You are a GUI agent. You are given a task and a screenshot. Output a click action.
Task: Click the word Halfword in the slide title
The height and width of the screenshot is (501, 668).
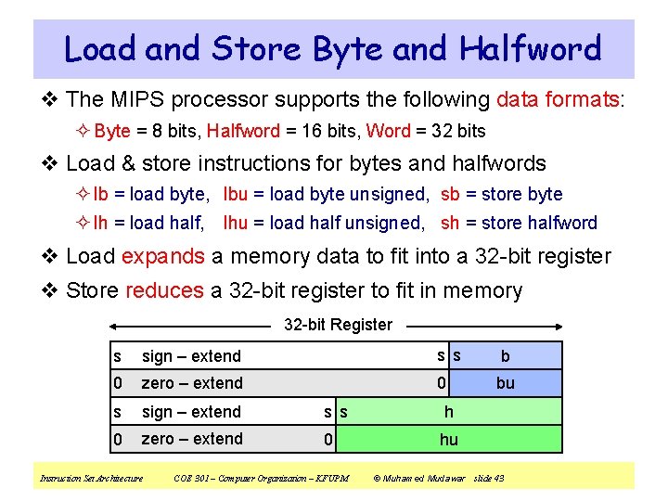pos(530,48)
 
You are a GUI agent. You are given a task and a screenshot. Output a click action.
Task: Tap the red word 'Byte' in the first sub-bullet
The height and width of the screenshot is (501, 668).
pos(112,131)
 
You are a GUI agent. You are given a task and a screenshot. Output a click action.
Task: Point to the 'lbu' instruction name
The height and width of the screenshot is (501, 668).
pos(236,194)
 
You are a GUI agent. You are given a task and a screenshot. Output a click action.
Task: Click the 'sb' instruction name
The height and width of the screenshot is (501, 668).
pos(450,194)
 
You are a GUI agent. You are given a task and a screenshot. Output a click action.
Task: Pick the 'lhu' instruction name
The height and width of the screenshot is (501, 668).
pos(238,223)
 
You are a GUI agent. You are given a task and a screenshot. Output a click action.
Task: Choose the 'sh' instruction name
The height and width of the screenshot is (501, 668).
pos(450,223)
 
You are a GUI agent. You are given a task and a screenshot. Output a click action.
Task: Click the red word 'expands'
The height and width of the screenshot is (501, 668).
pos(163,256)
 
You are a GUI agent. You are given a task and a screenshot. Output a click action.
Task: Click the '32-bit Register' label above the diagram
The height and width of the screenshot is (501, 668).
pos(338,325)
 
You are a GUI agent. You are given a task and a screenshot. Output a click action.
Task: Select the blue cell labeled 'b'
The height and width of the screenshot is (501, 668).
pos(505,356)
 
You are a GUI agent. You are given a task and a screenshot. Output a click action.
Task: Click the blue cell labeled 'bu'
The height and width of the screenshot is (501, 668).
pos(505,383)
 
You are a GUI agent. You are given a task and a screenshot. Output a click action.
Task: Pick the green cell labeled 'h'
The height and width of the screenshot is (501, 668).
pos(449,411)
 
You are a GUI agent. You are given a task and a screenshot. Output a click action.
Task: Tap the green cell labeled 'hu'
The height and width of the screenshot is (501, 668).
pos(449,439)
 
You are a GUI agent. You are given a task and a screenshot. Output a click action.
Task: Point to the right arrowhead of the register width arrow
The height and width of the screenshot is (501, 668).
pos(559,326)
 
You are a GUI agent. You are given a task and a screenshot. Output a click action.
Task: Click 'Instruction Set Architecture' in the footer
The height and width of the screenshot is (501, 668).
pos(91,478)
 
